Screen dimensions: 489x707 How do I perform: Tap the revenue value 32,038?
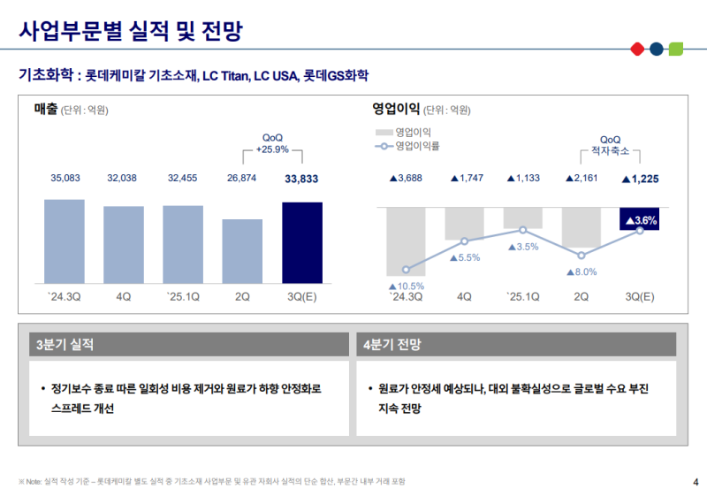coord(123,179)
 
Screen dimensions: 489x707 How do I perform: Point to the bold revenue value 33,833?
coord(302,179)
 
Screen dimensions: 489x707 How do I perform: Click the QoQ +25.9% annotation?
coord(272,144)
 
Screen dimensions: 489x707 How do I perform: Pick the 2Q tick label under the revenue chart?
coord(242,296)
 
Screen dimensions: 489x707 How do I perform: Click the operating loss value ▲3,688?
coord(407,179)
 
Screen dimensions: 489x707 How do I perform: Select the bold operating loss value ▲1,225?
coord(641,179)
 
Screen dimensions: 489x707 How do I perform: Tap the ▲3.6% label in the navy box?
coord(641,221)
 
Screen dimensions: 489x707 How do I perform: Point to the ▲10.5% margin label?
coord(407,286)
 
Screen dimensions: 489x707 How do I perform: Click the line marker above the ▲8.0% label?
coord(581,256)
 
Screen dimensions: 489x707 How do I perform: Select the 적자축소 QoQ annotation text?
coord(610,151)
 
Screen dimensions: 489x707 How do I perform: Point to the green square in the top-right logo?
coord(676,48)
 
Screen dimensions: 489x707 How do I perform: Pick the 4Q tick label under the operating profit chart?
coord(464,296)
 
